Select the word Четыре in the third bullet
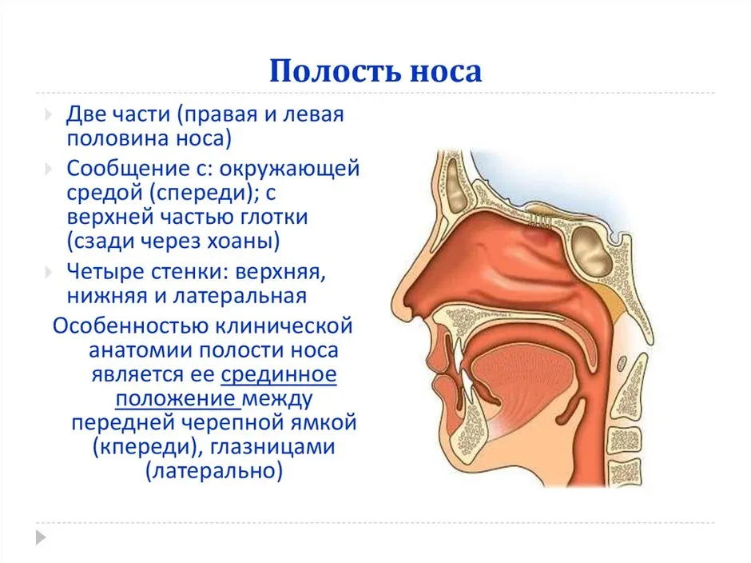tap(105, 272)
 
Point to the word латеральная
tap(240, 296)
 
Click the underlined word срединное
tap(279, 374)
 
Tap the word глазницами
tap(273, 447)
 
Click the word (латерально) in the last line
tap(214, 470)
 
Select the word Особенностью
tap(130, 326)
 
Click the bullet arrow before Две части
tap(49, 114)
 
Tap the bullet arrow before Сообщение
tap(49, 169)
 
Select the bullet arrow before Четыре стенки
tap(49, 273)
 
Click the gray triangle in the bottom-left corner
tap(42, 537)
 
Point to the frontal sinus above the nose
tap(455, 185)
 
